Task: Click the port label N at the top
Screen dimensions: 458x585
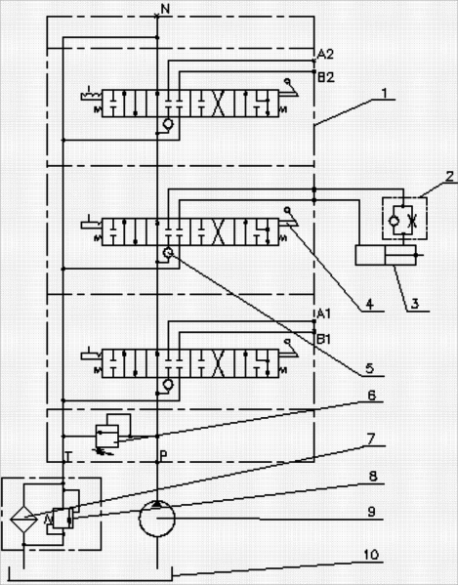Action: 166,9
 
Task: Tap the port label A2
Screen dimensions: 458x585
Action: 325,55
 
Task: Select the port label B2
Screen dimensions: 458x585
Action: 326,77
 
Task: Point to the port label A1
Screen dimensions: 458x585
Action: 323,314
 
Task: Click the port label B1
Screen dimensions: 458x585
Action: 324,339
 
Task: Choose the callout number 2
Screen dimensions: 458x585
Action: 450,176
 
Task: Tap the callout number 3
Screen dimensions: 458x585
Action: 415,304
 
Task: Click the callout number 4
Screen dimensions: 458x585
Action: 369,304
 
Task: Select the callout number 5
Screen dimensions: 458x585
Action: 369,368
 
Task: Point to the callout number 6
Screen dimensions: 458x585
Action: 372,396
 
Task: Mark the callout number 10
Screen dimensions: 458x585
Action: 371,555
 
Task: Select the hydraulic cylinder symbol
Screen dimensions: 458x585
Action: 386,255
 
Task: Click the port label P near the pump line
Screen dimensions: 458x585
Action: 163,455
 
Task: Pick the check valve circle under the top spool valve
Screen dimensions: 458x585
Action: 169,123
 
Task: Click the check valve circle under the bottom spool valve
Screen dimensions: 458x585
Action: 169,384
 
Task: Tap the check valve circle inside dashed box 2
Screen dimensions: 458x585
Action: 394,222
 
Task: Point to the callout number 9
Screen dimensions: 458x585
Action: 371,512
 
